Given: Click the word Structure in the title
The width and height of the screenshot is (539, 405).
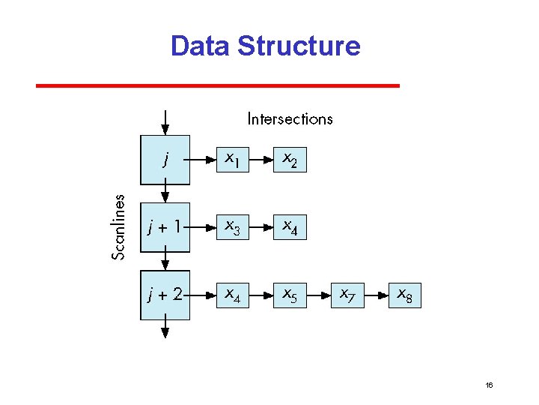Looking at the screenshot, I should [299, 46].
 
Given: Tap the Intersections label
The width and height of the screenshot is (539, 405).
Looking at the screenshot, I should [290, 118].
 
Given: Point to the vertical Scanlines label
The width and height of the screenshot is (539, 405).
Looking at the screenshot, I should [118, 226].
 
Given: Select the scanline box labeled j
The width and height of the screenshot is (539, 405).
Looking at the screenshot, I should [165, 159].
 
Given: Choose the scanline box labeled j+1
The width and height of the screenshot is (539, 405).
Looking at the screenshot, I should [165, 226].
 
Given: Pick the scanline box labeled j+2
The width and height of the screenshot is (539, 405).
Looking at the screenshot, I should [165, 295].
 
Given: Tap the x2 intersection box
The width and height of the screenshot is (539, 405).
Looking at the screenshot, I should [289, 159].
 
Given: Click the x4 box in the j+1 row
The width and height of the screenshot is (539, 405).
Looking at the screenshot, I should [289, 226].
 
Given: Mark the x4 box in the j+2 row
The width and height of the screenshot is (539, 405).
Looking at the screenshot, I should [231, 295].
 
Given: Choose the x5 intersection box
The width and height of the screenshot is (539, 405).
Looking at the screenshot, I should [289, 295].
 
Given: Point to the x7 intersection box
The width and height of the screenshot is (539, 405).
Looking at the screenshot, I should [347, 295].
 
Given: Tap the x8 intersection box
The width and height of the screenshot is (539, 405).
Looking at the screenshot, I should [404, 295].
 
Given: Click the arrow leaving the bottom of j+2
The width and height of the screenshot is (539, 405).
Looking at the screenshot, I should [165, 330].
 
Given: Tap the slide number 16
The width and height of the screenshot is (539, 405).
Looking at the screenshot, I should [489, 385].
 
